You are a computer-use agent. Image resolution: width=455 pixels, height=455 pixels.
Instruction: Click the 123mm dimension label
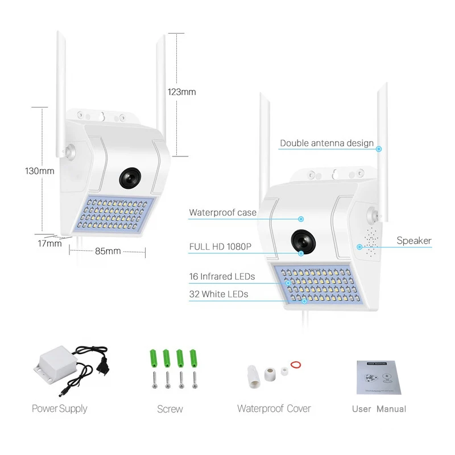pos(181,92)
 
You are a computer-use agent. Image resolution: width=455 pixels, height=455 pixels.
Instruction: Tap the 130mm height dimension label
pos(40,171)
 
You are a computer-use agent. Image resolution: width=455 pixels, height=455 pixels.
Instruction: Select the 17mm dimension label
pos(50,244)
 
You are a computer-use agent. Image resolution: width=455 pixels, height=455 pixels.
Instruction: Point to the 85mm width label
pos(107,251)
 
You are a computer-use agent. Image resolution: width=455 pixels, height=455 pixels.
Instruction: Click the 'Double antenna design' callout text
pos(326,143)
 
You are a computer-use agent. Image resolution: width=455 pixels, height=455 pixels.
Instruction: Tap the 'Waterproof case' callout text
pos(222,213)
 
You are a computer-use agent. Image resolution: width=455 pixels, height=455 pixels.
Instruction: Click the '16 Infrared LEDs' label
pos(222,277)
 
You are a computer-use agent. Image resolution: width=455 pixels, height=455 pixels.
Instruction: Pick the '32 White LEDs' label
pos(218,294)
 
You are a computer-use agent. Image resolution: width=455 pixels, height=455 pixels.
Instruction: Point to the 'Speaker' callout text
pos(414,241)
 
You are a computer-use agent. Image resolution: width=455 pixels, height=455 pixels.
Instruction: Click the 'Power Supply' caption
pos(60,408)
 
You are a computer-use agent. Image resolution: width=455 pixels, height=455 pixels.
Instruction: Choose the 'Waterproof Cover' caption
pos(274,408)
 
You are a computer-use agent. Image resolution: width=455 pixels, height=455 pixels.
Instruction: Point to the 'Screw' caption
pos(170,409)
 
